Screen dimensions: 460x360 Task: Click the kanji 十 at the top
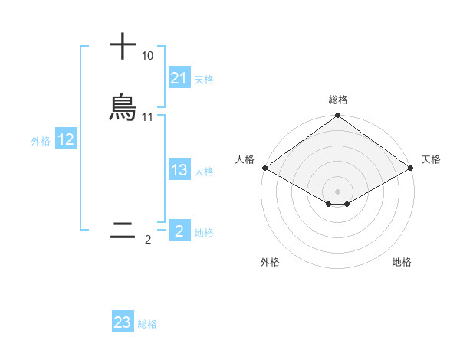(123, 46)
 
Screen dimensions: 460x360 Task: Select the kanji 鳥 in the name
(123, 108)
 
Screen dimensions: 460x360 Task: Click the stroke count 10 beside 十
(147, 57)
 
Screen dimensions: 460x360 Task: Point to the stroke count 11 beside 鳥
(148, 117)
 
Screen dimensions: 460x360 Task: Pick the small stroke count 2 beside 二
(148, 240)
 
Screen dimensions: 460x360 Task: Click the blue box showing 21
(179, 78)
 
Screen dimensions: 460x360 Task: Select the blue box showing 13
(179, 170)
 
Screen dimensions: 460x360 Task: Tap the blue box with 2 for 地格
(179, 231)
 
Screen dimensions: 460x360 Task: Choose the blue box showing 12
(66, 139)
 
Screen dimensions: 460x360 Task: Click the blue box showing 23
(122, 322)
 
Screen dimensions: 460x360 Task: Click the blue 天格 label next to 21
(204, 79)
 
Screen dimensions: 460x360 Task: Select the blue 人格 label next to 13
(204, 171)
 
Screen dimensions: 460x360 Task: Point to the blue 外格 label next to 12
(41, 140)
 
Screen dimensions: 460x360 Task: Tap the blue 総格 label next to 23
(147, 324)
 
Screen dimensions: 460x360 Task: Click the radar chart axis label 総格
(337, 100)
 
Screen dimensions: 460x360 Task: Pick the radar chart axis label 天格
(431, 159)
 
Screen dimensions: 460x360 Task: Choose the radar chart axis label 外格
(270, 262)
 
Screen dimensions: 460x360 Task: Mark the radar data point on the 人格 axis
(264, 168)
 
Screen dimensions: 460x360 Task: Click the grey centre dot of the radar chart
(337, 191)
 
